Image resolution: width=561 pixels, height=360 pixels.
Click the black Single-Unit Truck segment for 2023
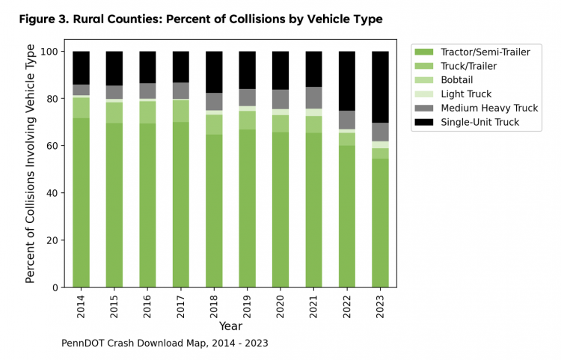pyautogui.click(x=380, y=87)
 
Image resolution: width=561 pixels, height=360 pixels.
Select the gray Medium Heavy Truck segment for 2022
pyautogui.click(x=346, y=120)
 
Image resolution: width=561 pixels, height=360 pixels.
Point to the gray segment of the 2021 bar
pyautogui.click(x=313, y=98)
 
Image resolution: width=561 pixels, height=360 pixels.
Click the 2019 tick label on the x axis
pyautogui.click(x=248, y=305)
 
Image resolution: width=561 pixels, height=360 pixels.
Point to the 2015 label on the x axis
pyautogui.click(x=114, y=305)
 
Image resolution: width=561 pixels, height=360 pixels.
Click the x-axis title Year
pyautogui.click(x=230, y=326)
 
